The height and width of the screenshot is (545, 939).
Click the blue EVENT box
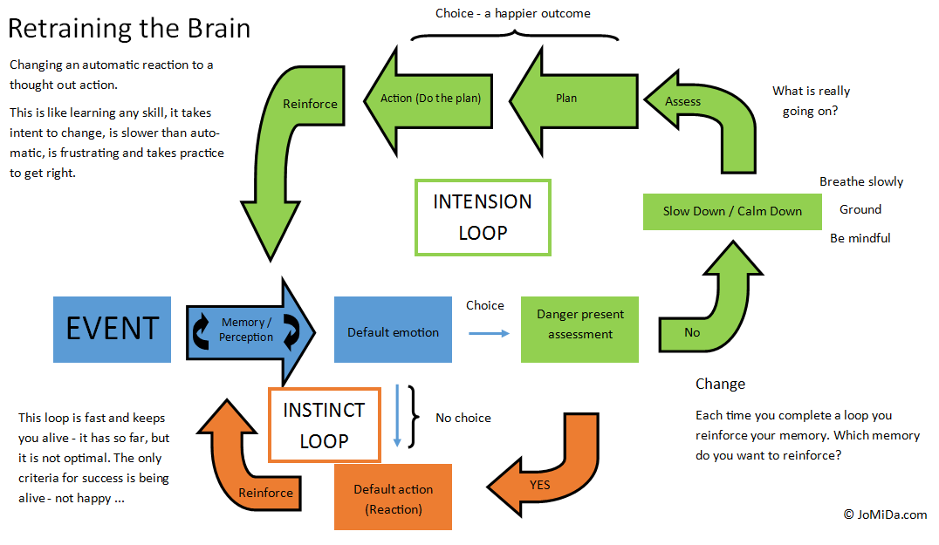point(112,329)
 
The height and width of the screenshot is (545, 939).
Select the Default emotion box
point(393,331)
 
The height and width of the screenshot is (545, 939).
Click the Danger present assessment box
point(579,329)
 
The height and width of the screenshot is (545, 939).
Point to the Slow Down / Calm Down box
point(731,211)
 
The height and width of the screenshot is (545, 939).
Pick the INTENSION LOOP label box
point(482,216)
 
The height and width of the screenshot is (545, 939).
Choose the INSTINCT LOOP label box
point(324,425)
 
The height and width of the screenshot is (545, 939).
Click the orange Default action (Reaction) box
point(393,497)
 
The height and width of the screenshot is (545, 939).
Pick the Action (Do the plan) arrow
point(428,98)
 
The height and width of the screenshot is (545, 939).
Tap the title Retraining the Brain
point(129,29)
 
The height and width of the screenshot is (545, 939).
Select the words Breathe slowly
point(860,181)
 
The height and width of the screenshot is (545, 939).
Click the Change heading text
point(720,384)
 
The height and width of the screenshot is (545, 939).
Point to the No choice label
point(463,418)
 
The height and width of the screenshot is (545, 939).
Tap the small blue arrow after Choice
point(489,332)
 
